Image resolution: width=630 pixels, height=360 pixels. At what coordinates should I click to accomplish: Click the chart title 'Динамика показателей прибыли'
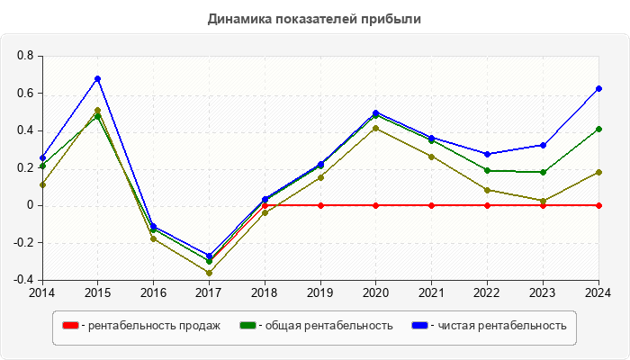(x=315, y=18)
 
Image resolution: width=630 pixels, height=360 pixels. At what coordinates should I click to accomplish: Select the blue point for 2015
(x=98, y=79)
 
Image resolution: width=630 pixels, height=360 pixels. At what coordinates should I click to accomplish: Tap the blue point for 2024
(x=598, y=89)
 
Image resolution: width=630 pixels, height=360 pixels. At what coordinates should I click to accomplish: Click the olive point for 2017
(x=209, y=273)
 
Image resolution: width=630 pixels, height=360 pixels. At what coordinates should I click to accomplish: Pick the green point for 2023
(x=543, y=172)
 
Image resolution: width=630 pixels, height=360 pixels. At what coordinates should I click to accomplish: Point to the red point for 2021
(x=432, y=205)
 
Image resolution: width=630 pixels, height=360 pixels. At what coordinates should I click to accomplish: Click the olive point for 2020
(x=375, y=128)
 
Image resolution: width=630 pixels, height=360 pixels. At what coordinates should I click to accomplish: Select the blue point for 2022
(x=488, y=154)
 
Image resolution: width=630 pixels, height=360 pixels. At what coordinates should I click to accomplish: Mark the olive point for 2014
(x=42, y=184)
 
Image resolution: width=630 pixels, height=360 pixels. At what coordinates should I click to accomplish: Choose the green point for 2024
(x=598, y=129)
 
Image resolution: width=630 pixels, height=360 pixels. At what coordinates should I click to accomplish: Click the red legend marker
(x=70, y=326)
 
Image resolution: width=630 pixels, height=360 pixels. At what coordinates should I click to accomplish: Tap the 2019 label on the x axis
(x=320, y=292)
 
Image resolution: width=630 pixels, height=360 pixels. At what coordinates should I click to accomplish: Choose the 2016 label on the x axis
(x=153, y=292)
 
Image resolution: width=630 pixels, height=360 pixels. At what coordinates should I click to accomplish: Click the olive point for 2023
(x=543, y=201)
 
